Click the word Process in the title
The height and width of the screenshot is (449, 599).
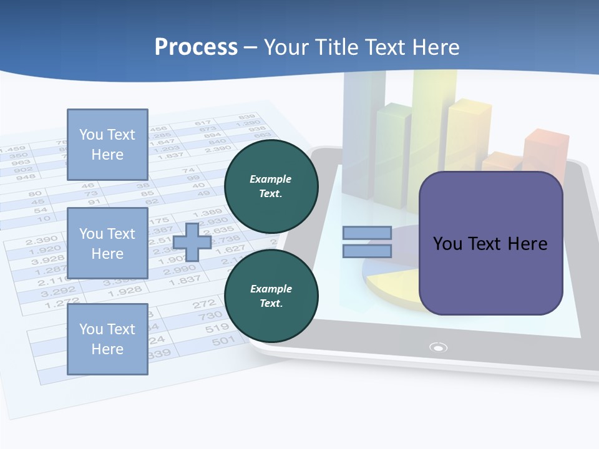[196, 47]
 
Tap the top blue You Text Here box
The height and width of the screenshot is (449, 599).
[107, 145]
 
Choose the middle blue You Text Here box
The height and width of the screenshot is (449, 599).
[107, 243]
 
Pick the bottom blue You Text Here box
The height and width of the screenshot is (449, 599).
[107, 339]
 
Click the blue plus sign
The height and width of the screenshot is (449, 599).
[192, 242]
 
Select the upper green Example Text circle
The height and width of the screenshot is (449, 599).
[271, 186]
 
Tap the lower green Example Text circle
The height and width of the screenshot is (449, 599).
[271, 296]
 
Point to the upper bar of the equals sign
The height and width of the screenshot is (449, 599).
[367, 233]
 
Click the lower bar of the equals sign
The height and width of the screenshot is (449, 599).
[367, 251]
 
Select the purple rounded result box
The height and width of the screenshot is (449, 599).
[490, 243]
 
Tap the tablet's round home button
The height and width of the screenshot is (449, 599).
[439, 347]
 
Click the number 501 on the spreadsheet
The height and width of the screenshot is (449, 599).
[223, 340]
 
